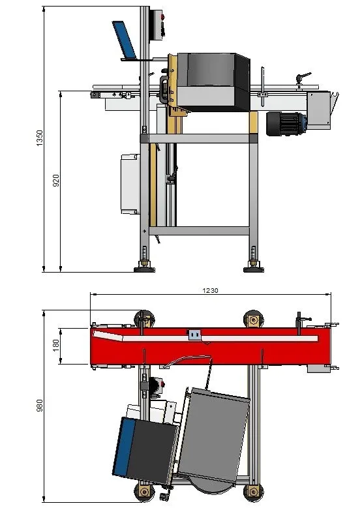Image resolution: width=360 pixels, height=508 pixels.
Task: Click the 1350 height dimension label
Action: point(39,138)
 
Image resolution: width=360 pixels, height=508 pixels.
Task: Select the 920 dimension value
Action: point(56,181)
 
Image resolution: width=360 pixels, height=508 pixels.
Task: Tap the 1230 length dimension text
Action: point(210,290)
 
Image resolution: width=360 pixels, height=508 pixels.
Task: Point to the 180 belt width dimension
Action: point(55,346)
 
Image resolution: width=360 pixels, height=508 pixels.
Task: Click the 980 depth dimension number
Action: point(39,406)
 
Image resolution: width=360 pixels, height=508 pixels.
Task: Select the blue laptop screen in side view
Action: point(124,39)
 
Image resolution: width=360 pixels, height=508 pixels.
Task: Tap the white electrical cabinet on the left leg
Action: point(130,185)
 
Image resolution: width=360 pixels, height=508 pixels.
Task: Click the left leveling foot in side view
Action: point(145,266)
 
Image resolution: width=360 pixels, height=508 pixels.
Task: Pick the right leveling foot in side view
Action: point(254,266)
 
